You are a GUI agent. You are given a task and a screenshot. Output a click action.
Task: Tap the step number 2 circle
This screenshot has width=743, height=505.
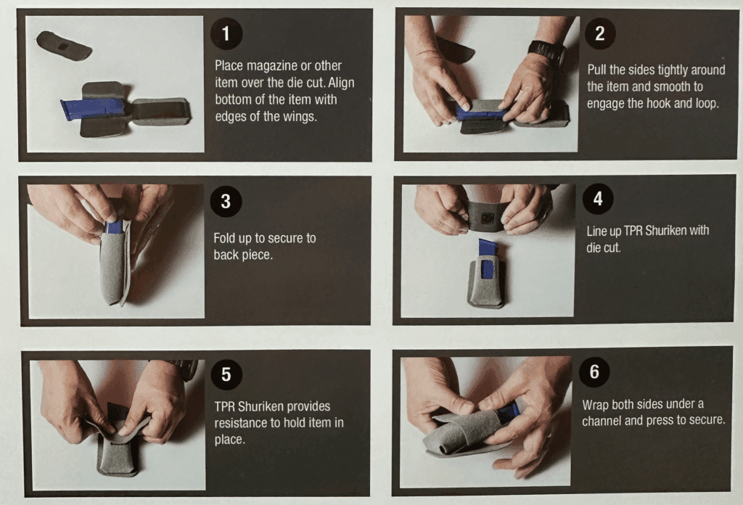click(599, 33)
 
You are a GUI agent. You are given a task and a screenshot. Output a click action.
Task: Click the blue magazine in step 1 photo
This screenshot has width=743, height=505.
click(92, 109)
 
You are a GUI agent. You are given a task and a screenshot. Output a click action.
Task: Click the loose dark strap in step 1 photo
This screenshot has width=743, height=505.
click(64, 46)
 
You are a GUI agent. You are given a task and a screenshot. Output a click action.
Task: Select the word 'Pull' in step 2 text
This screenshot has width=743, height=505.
click(599, 70)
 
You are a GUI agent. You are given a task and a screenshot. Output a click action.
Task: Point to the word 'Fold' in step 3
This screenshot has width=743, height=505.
click(226, 238)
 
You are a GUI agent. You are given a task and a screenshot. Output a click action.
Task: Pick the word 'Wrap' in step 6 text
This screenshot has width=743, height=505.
click(596, 404)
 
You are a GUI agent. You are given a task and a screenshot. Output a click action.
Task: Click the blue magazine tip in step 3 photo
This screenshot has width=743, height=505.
click(113, 226)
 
